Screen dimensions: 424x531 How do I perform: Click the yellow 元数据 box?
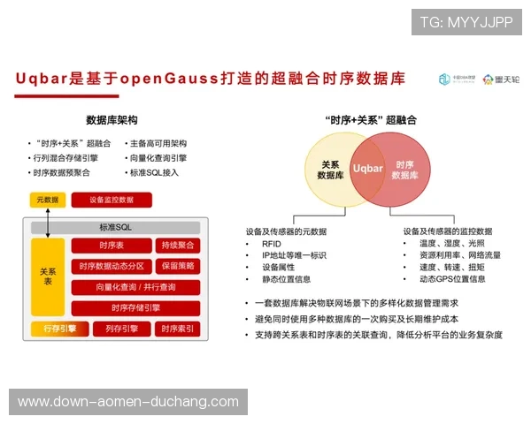tap(48, 200)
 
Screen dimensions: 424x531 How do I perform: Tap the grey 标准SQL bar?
tap(115, 227)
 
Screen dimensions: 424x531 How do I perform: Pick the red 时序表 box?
tap(111, 246)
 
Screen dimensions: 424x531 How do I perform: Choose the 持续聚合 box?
tap(177, 246)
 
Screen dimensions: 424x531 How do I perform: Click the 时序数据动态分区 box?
tap(111, 266)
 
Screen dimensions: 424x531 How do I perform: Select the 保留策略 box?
tap(177, 266)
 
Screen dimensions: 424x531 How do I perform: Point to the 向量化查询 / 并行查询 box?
tap(135, 287)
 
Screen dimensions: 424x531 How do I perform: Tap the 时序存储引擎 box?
tap(135, 307)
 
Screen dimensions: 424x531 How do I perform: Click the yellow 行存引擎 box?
tap(60, 329)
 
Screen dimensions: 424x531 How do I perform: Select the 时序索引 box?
tap(177, 329)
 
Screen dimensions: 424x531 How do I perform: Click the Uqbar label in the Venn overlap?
tap(367, 167)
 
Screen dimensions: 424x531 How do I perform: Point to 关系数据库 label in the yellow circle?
tap(329, 170)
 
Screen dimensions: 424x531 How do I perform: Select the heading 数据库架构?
tap(112, 119)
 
